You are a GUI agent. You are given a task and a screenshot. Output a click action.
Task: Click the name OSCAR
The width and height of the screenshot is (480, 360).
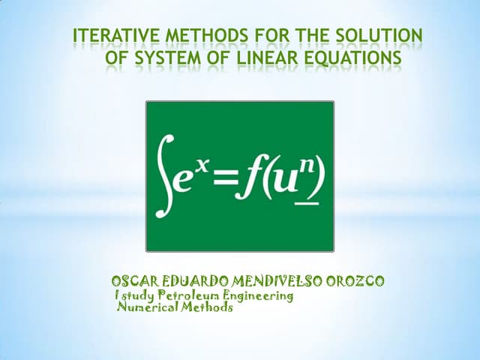tap(134, 281)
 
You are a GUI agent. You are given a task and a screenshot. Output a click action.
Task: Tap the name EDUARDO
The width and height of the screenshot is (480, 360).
tap(196, 281)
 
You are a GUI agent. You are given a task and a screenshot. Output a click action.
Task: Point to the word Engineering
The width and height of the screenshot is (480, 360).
tap(259, 296)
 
